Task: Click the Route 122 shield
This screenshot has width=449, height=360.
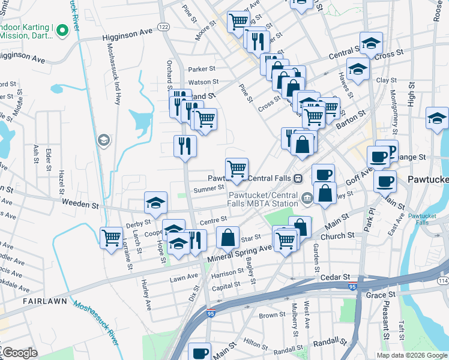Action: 163,26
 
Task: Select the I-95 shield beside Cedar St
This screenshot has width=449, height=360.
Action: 354,286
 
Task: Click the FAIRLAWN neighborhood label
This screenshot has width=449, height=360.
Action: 41,300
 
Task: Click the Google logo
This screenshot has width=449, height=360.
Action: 19,353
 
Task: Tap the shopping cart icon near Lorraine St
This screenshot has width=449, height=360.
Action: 111,238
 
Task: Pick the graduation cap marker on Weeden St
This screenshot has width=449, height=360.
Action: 155,202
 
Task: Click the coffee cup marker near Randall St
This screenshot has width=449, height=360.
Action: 199,353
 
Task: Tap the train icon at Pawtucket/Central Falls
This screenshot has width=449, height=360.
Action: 297,178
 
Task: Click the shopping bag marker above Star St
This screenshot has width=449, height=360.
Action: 228,237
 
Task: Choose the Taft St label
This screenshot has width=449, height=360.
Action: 402,329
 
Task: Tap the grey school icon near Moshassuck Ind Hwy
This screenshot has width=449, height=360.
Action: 104,140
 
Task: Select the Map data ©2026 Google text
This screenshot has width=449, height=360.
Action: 412,355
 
